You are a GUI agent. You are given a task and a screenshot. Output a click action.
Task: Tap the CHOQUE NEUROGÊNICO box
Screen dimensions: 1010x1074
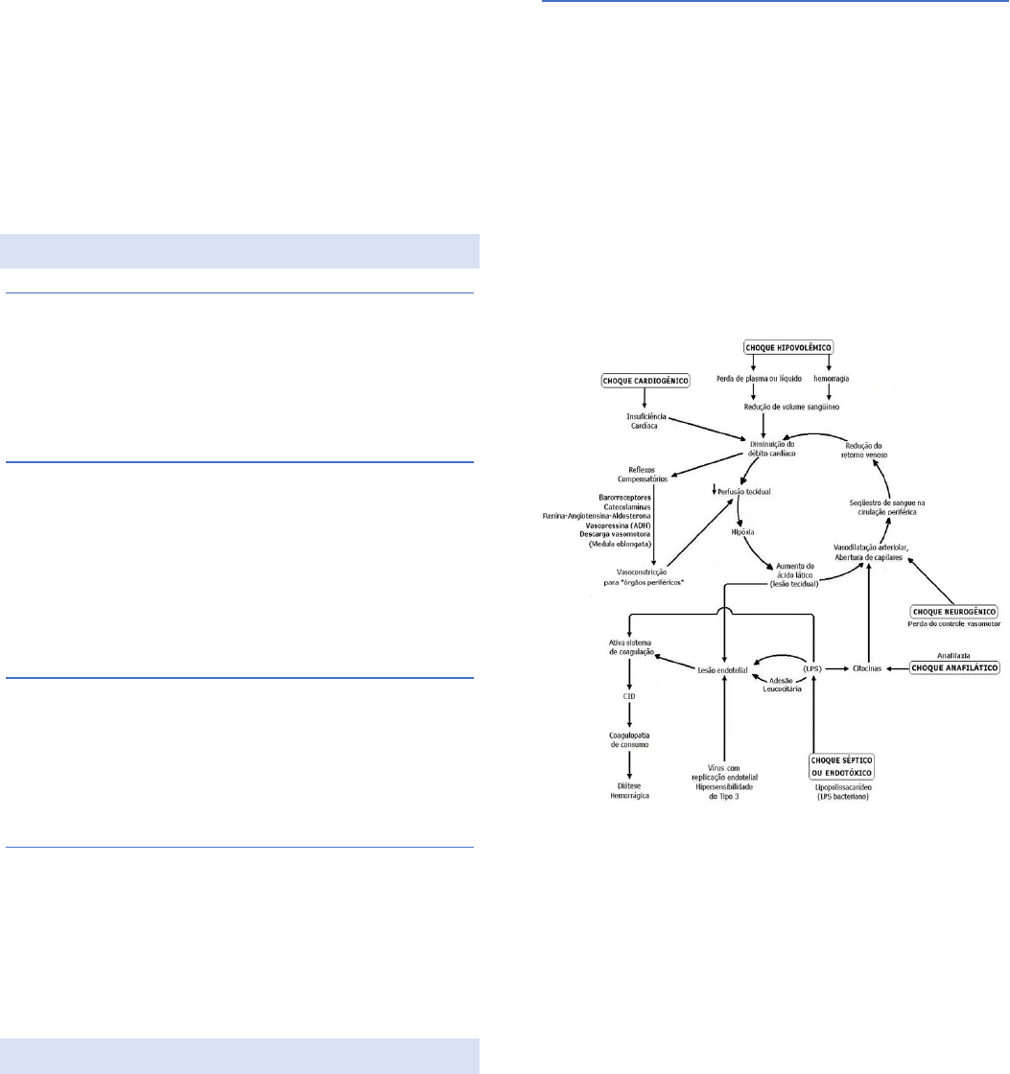pyautogui.click(x=954, y=612)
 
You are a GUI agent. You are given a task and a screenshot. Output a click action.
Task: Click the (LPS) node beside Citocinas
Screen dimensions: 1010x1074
pyautogui.click(x=813, y=666)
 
